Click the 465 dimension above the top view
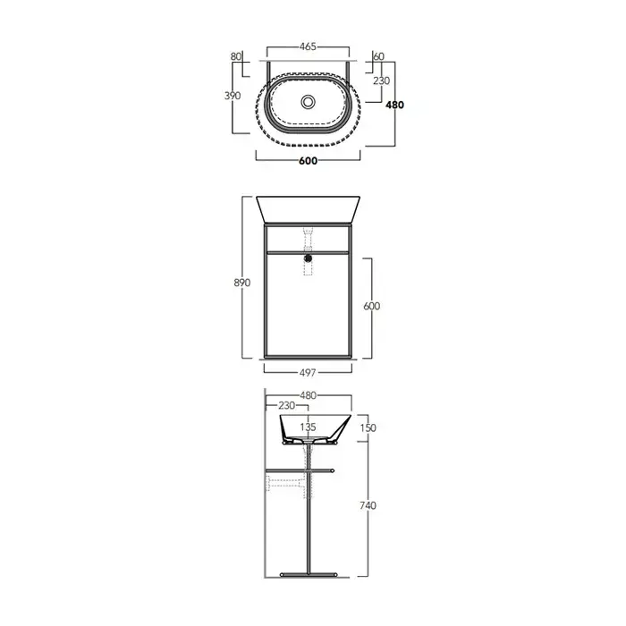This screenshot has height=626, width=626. pyautogui.click(x=308, y=47)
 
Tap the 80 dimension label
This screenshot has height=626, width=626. pyautogui.click(x=236, y=56)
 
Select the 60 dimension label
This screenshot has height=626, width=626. pyautogui.click(x=378, y=56)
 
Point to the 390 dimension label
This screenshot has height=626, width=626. pyautogui.click(x=233, y=96)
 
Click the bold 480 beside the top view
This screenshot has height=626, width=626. pyautogui.click(x=394, y=105)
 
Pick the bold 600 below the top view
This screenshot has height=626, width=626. pyautogui.click(x=308, y=161)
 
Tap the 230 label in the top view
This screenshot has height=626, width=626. pyautogui.click(x=381, y=81)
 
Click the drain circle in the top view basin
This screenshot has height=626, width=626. pyautogui.click(x=308, y=101)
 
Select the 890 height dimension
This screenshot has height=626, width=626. pyautogui.click(x=242, y=283)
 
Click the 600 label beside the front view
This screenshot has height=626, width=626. pyautogui.click(x=372, y=306)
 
